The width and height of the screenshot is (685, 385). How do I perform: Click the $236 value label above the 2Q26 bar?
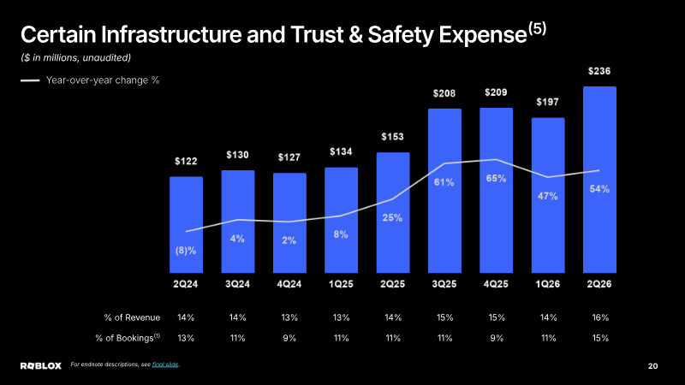pos(599,71)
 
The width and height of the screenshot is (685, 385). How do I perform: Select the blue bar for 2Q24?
pos(186,225)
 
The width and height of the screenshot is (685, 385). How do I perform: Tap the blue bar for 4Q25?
pos(497,190)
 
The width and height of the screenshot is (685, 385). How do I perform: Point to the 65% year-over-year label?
pos(497,179)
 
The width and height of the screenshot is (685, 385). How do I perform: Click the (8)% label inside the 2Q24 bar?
pos(186,251)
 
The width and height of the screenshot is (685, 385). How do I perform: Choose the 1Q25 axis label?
pos(341,284)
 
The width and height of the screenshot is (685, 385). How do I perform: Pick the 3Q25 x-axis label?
pos(444,284)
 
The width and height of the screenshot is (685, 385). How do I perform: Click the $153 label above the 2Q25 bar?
pos(392,137)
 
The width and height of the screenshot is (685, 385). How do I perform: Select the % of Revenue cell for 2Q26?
pos(600,317)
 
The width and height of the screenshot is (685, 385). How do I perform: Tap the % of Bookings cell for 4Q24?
pos(289,338)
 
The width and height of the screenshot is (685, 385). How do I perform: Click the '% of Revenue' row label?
pos(132,317)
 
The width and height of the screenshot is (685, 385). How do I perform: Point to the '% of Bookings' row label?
pos(128,338)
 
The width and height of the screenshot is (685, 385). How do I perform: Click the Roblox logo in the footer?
pos(41,366)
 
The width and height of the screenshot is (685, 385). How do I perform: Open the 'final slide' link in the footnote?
pos(165,364)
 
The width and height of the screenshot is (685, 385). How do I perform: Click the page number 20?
pos(652,366)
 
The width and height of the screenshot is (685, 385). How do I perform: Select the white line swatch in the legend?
pos(30,80)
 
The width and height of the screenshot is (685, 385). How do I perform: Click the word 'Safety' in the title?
pos(401,35)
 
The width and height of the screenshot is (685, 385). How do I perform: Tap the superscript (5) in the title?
pos(538,29)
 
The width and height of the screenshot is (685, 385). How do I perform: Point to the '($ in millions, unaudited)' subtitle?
pos(76,57)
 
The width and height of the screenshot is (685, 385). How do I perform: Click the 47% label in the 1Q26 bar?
pos(548,197)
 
